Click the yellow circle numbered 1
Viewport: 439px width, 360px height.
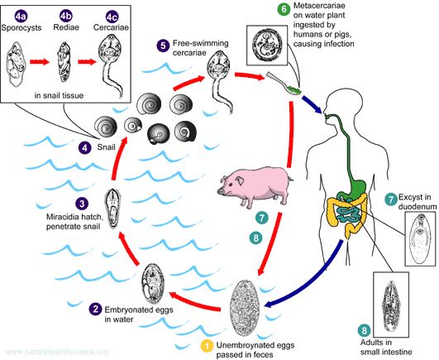208,346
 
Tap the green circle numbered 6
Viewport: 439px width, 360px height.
284,9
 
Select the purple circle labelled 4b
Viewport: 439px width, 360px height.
66,17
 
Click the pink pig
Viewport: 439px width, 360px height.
255,186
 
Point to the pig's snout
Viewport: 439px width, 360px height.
221,191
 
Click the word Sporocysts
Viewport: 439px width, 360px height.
21,27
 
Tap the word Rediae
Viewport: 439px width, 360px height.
66,27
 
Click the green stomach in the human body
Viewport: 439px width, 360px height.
356,187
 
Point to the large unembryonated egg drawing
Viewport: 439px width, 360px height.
245,308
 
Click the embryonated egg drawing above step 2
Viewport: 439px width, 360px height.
153,283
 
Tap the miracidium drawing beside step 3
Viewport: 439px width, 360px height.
113,208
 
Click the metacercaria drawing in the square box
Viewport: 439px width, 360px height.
267,45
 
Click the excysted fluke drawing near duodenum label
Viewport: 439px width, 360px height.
419,238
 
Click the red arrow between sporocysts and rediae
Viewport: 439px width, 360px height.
40,61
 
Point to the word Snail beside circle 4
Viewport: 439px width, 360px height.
106,147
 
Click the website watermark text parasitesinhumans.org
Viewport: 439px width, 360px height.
57,352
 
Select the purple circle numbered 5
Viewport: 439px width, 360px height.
163,46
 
